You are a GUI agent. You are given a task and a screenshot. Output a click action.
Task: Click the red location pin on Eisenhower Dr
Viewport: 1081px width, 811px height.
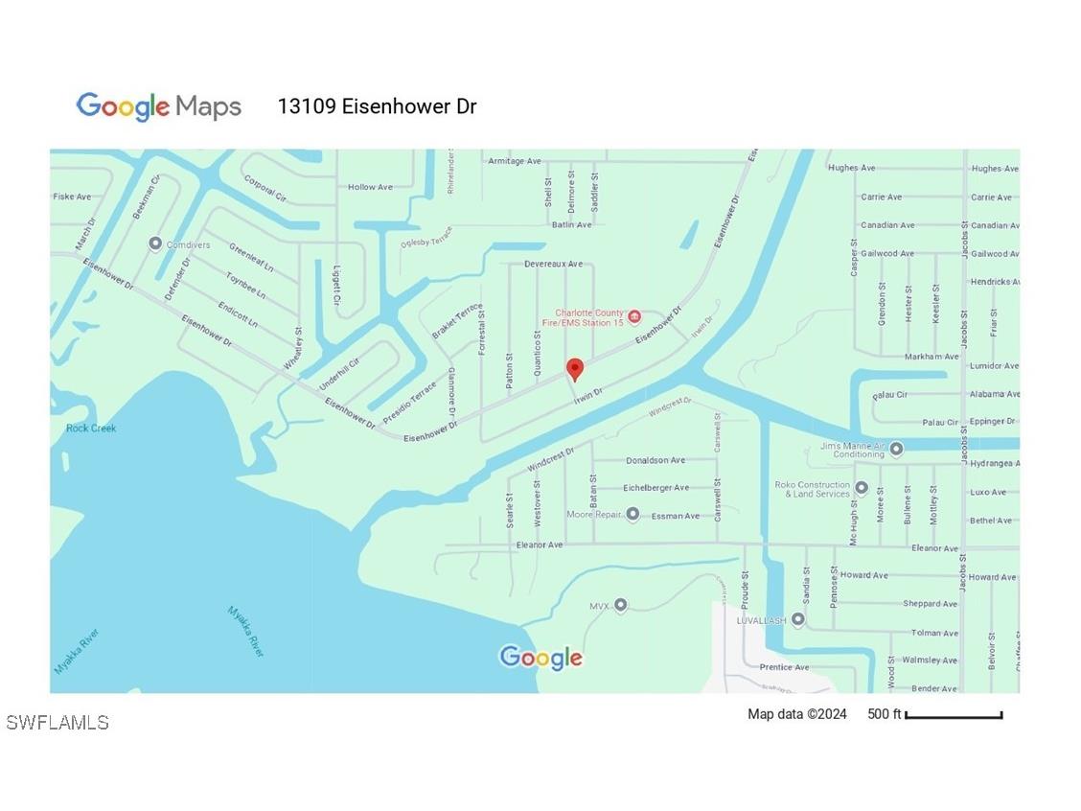point(575,369)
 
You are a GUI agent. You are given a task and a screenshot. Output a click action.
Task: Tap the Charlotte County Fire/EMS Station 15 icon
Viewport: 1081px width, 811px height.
point(634,316)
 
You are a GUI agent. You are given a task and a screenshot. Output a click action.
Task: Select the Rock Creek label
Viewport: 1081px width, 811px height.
point(91,429)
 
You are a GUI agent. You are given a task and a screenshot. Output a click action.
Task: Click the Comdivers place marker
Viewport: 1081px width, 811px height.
point(155,244)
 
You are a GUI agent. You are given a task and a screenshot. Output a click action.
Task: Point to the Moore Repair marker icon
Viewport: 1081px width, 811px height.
point(632,515)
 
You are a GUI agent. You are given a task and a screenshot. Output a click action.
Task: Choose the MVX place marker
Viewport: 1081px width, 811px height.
point(620,605)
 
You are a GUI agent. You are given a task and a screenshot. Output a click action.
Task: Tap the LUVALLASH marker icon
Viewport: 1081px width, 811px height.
point(797,620)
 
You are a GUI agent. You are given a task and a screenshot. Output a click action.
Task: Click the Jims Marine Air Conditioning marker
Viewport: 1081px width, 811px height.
point(896,449)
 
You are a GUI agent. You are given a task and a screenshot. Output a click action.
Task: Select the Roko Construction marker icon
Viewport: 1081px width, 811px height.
point(861,488)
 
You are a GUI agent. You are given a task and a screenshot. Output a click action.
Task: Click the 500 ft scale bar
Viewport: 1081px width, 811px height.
point(953,715)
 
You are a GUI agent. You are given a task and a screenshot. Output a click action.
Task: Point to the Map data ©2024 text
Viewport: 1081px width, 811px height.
point(797,714)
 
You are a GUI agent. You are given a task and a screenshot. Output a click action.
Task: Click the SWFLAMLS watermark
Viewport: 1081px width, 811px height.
point(57,723)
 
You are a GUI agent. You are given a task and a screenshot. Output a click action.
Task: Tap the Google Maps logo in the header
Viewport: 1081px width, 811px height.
point(159,106)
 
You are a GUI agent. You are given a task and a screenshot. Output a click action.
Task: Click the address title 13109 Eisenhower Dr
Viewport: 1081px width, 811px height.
point(377,106)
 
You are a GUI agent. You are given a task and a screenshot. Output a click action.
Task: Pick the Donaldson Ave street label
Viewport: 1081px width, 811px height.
point(655,461)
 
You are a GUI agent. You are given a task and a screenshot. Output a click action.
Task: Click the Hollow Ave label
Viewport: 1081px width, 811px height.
point(370,187)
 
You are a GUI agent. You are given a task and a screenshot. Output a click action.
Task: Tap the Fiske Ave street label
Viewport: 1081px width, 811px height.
point(72,197)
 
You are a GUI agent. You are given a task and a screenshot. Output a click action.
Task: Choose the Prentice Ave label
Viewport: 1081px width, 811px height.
point(784,667)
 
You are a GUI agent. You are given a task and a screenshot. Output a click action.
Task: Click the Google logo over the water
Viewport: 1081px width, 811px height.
point(541,658)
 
